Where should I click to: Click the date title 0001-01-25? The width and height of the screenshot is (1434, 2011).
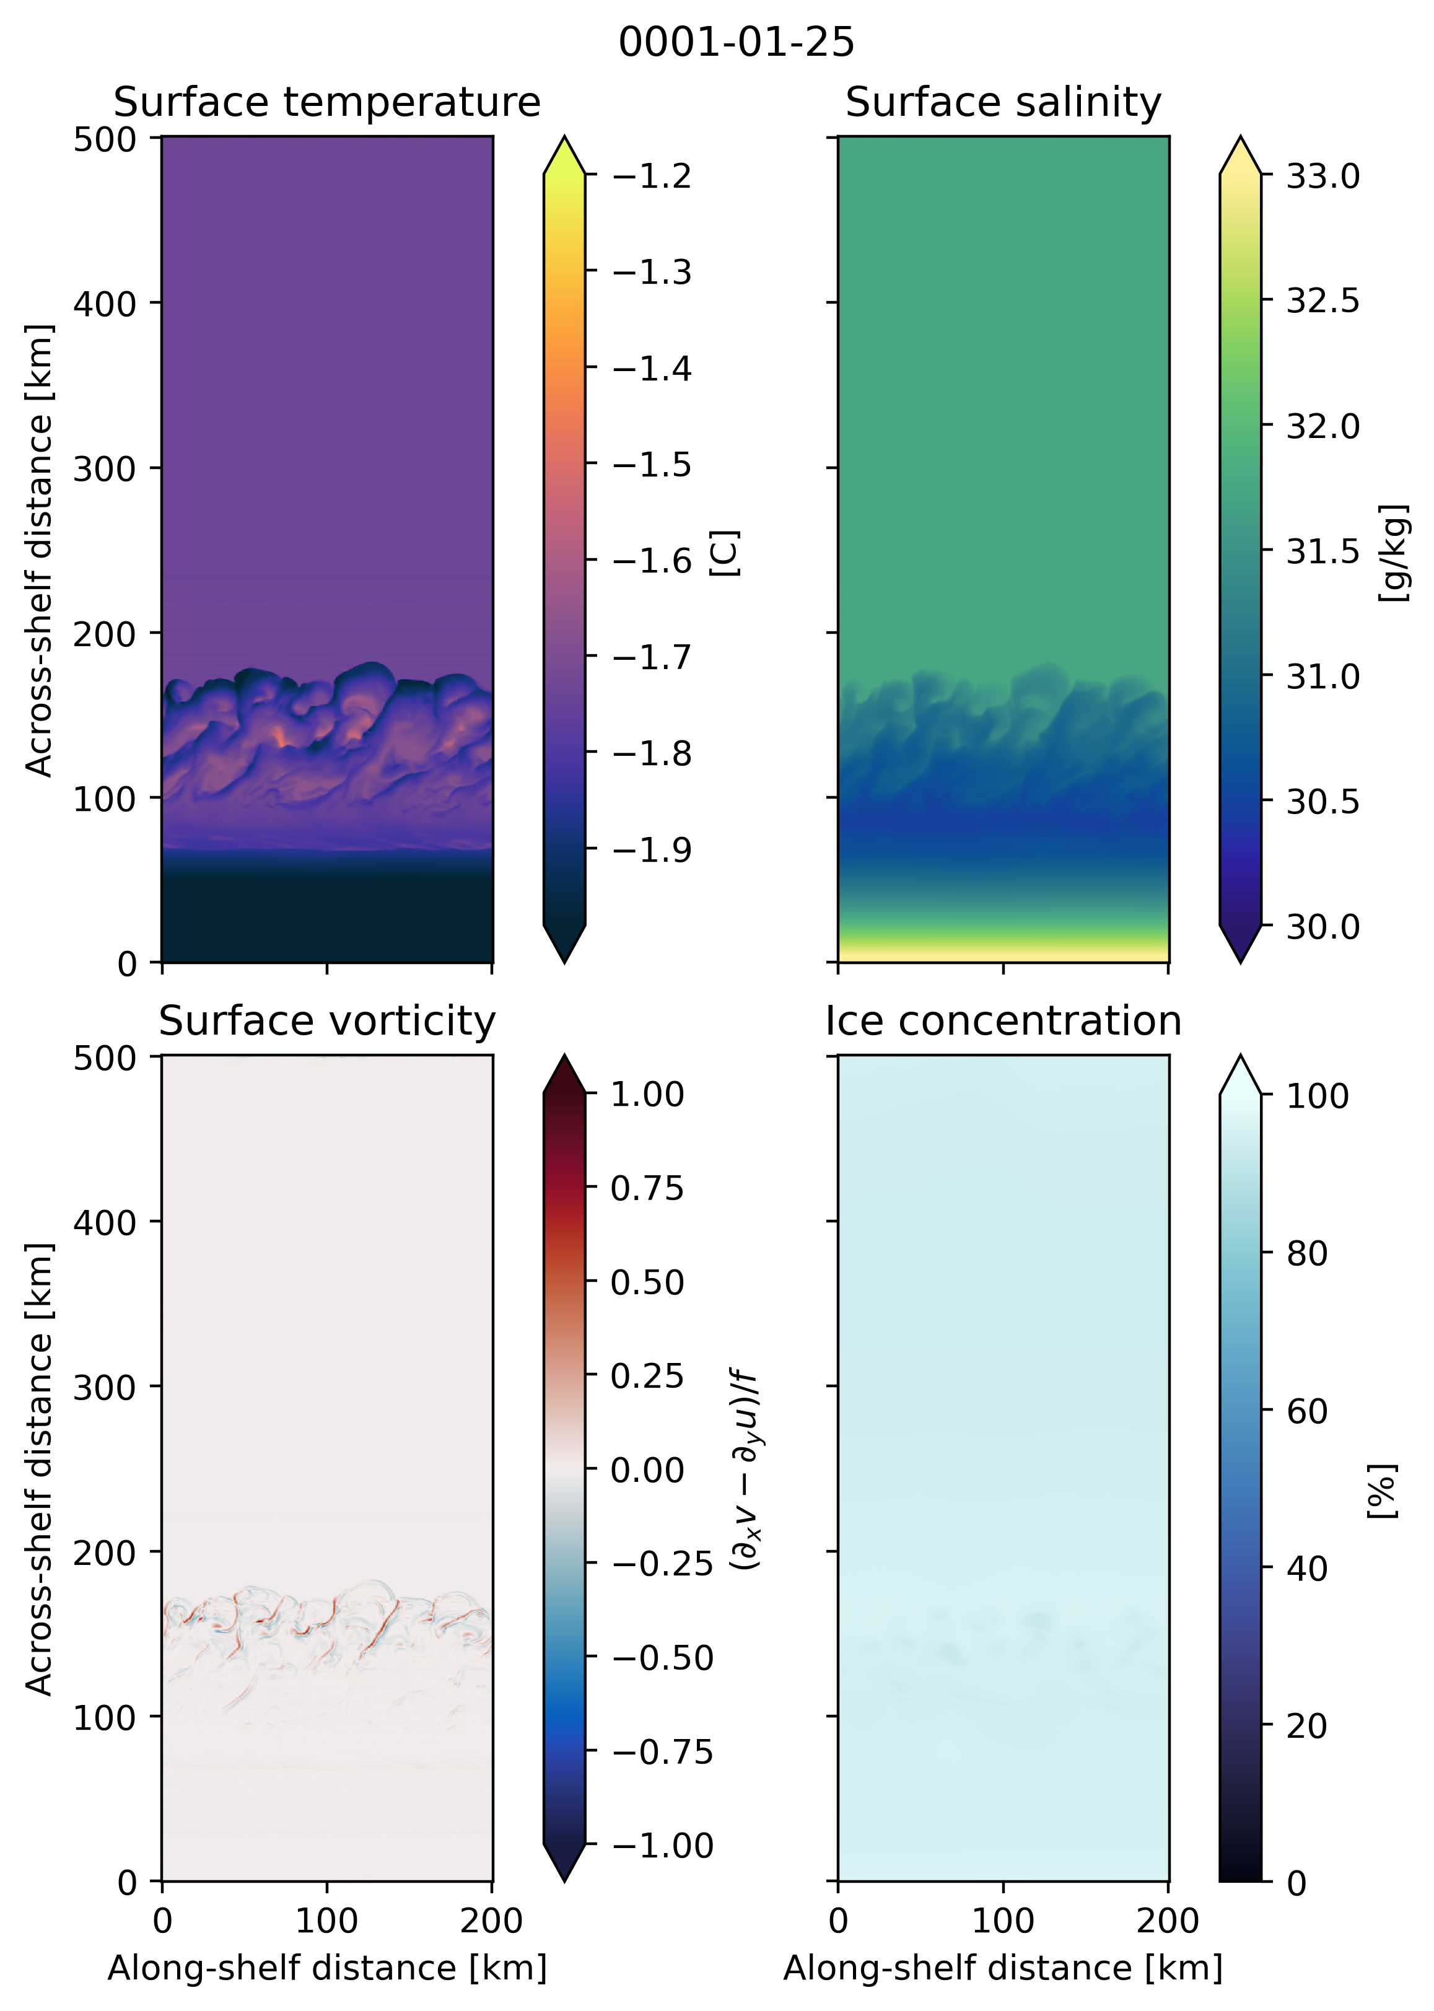[735, 42]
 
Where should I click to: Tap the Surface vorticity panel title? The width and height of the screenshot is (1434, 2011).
[326, 1022]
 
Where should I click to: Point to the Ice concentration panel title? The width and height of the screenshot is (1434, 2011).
[1003, 1022]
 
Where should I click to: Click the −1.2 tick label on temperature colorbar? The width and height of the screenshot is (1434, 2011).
[652, 177]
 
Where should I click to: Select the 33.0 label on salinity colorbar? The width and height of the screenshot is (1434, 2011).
[1323, 177]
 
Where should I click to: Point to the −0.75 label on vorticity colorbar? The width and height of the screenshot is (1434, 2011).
[662, 1752]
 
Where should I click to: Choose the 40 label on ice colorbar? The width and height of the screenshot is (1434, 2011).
[1307, 1569]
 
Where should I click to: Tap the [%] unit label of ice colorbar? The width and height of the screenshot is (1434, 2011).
[1383, 1491]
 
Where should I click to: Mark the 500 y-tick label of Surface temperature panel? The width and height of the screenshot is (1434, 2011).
[104, 139]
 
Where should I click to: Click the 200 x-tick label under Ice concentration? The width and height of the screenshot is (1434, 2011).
[1168, 1921]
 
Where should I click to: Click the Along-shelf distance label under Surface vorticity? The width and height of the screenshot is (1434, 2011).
[326, 1969]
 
